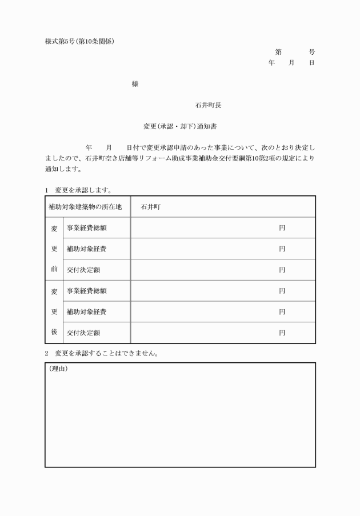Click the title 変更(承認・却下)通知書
tap(180, 126)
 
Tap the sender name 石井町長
tap(208, 105)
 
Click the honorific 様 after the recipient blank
tap(135, 84)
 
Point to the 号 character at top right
tap(311, 52)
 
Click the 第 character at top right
tap(278, 52)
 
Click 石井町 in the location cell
tap(151, 207)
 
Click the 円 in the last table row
tap(282, 333)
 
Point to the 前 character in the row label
tap(54, 270)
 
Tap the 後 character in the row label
tap(54, 333)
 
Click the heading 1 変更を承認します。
tap(79, 190)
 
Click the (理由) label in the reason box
tap(58, 369)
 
